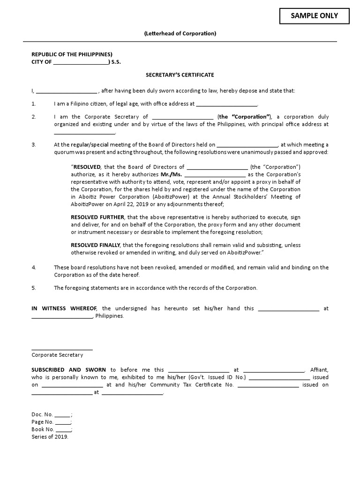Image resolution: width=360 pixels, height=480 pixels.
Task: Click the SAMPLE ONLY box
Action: click(x=314, y=16)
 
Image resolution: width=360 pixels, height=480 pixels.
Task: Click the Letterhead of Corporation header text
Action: click(x=180, y=34)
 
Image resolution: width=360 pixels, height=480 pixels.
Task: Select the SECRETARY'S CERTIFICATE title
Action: click(x=180, y=75)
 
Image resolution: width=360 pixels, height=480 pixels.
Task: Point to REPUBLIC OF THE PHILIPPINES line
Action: click(x=72, y=54)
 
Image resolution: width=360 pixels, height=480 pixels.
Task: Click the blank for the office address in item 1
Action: click(x=226, y=104)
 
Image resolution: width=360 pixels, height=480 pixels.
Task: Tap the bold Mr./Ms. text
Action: click(x=172, y=174)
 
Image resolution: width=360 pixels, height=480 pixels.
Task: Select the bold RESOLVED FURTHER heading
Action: click(x=97, y=217)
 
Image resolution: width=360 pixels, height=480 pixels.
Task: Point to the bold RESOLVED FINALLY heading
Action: click(x=96, y=245)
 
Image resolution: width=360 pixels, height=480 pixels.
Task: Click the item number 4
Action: click(x=34, y=268)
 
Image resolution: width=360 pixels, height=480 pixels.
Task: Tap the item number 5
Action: click(x=34, y=288)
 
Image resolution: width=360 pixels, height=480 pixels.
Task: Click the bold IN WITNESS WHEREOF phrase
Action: click(x=64, y=308)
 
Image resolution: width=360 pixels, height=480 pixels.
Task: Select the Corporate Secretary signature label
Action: click(x=57, y=355)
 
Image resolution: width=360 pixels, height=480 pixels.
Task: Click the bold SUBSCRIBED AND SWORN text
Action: click(x=68, y=370)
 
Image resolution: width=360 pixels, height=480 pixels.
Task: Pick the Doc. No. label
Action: click(x=42, y=414)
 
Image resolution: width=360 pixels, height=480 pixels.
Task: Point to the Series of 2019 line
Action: click(x=50, y=437)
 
